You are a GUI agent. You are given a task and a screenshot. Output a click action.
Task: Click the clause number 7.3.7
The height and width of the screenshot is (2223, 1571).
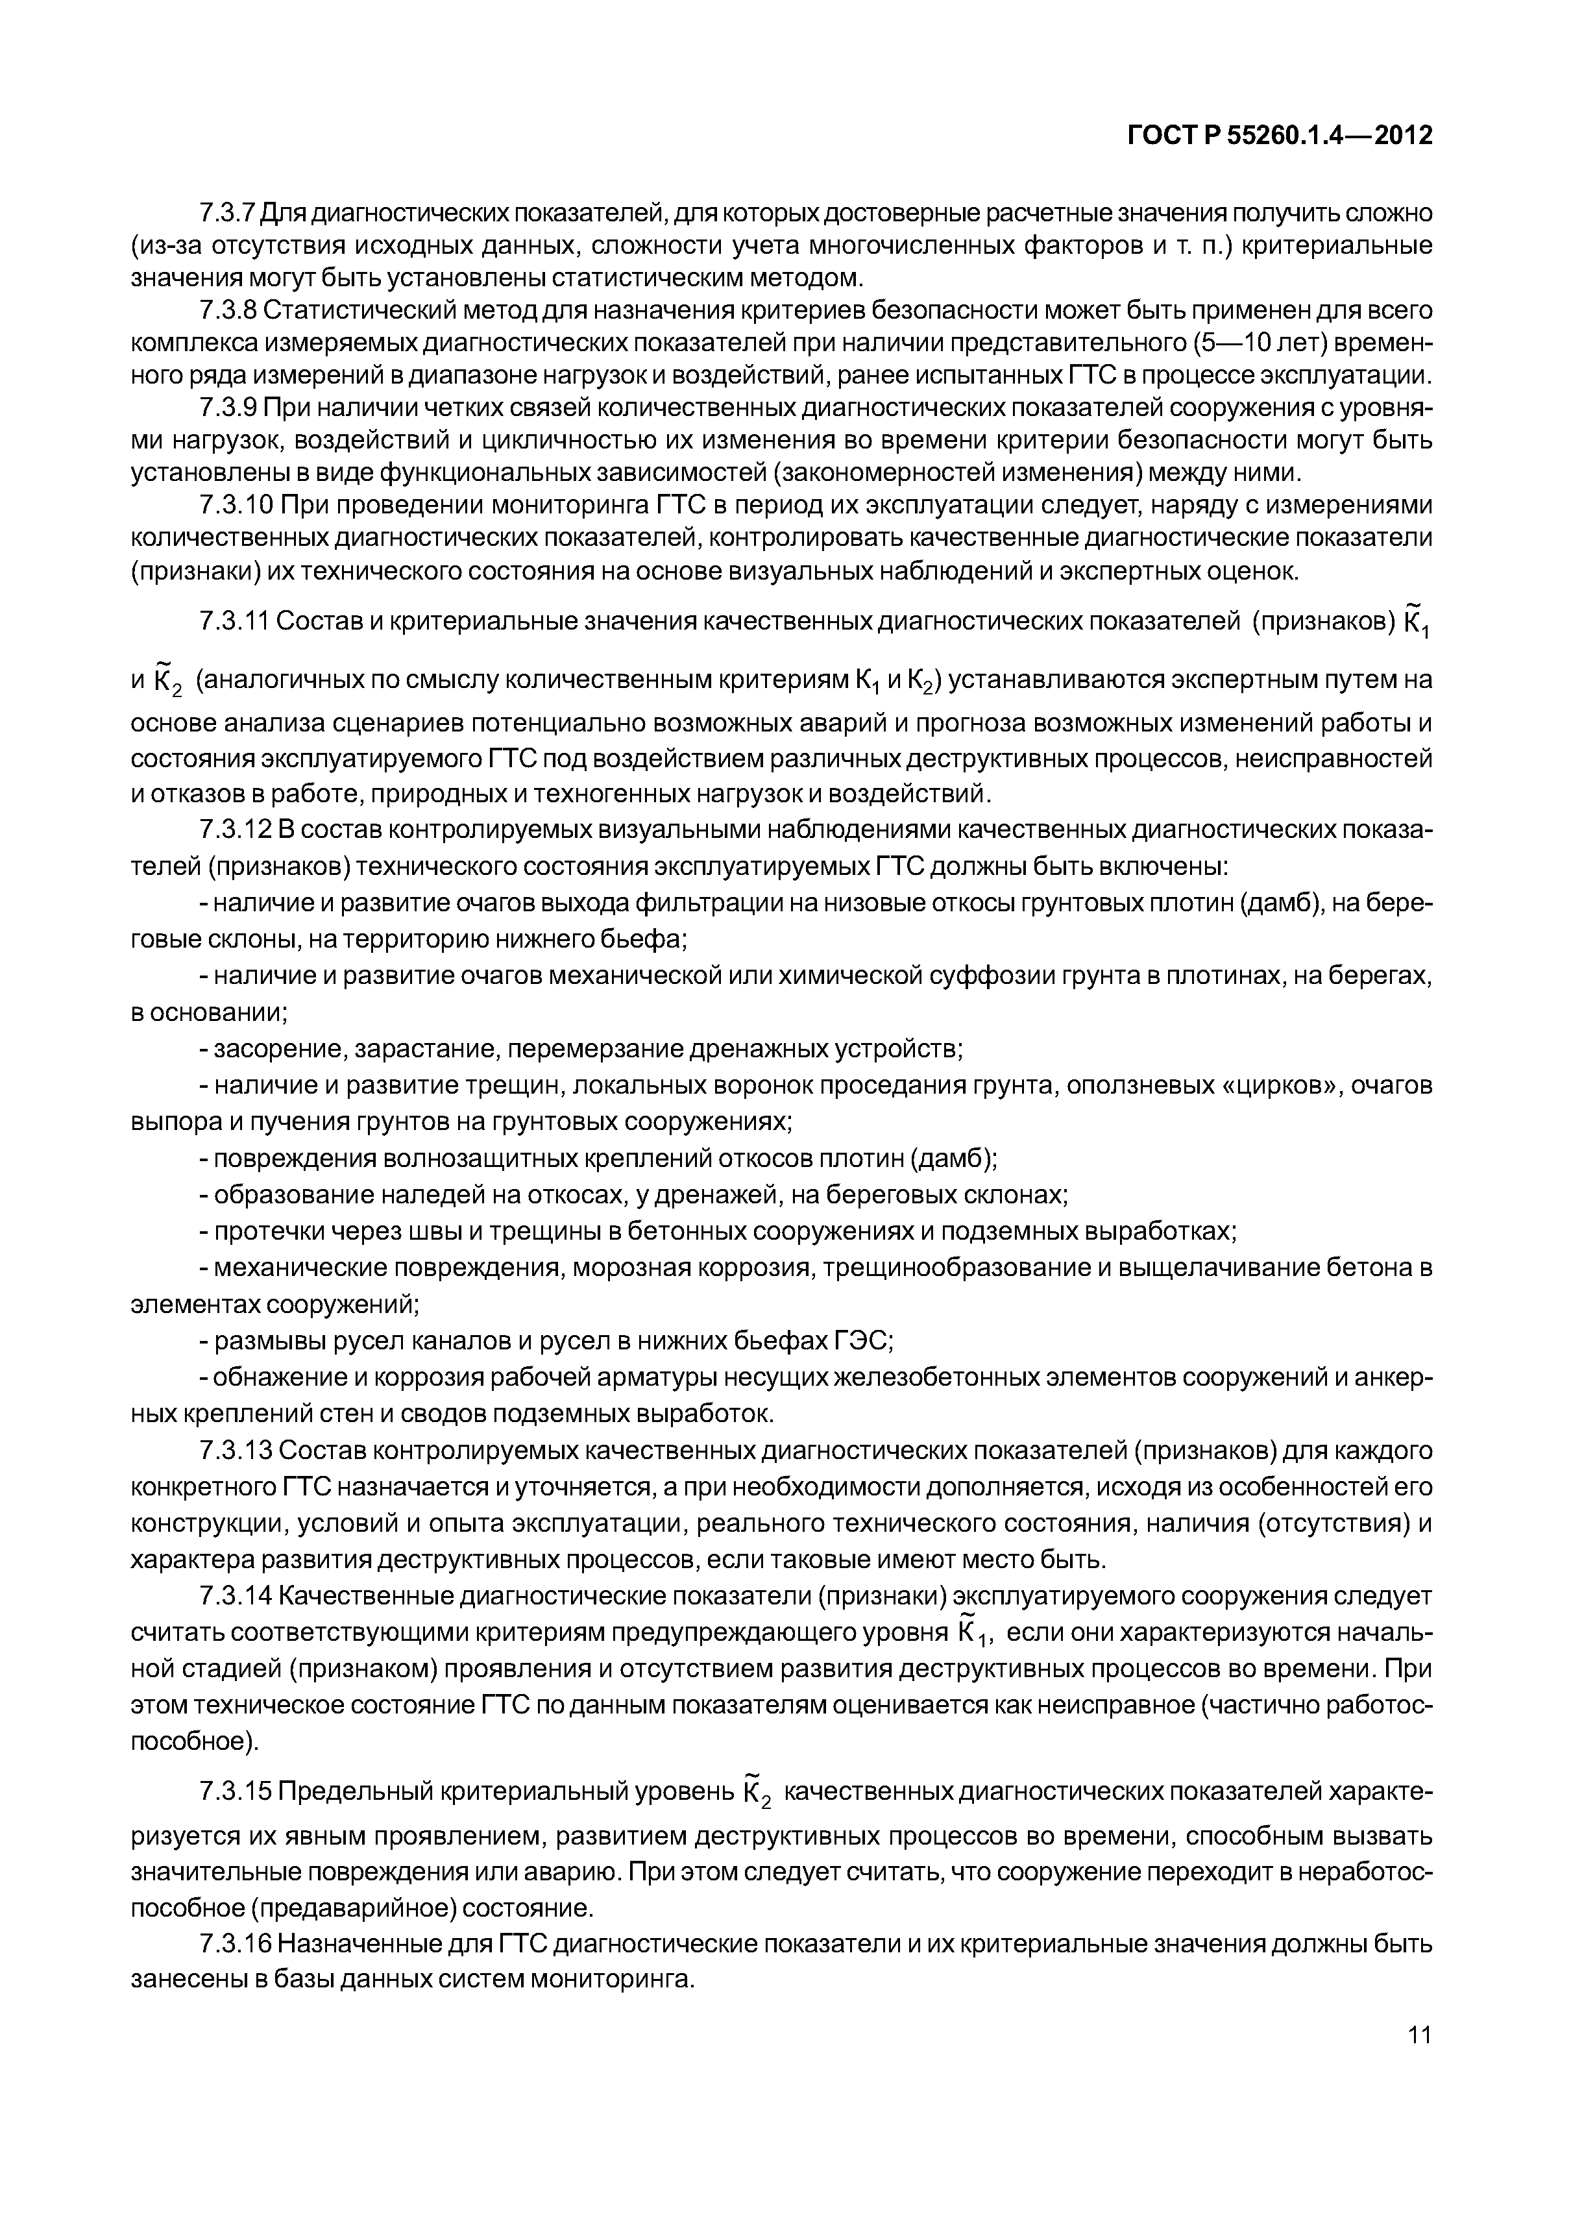[228, 212]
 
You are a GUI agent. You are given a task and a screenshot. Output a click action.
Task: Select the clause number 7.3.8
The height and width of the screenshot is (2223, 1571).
[228, 310]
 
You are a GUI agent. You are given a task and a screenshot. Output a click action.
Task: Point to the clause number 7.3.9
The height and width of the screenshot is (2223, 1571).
[228, 408]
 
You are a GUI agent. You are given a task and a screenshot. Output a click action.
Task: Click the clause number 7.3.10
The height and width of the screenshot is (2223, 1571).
[234, 506]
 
